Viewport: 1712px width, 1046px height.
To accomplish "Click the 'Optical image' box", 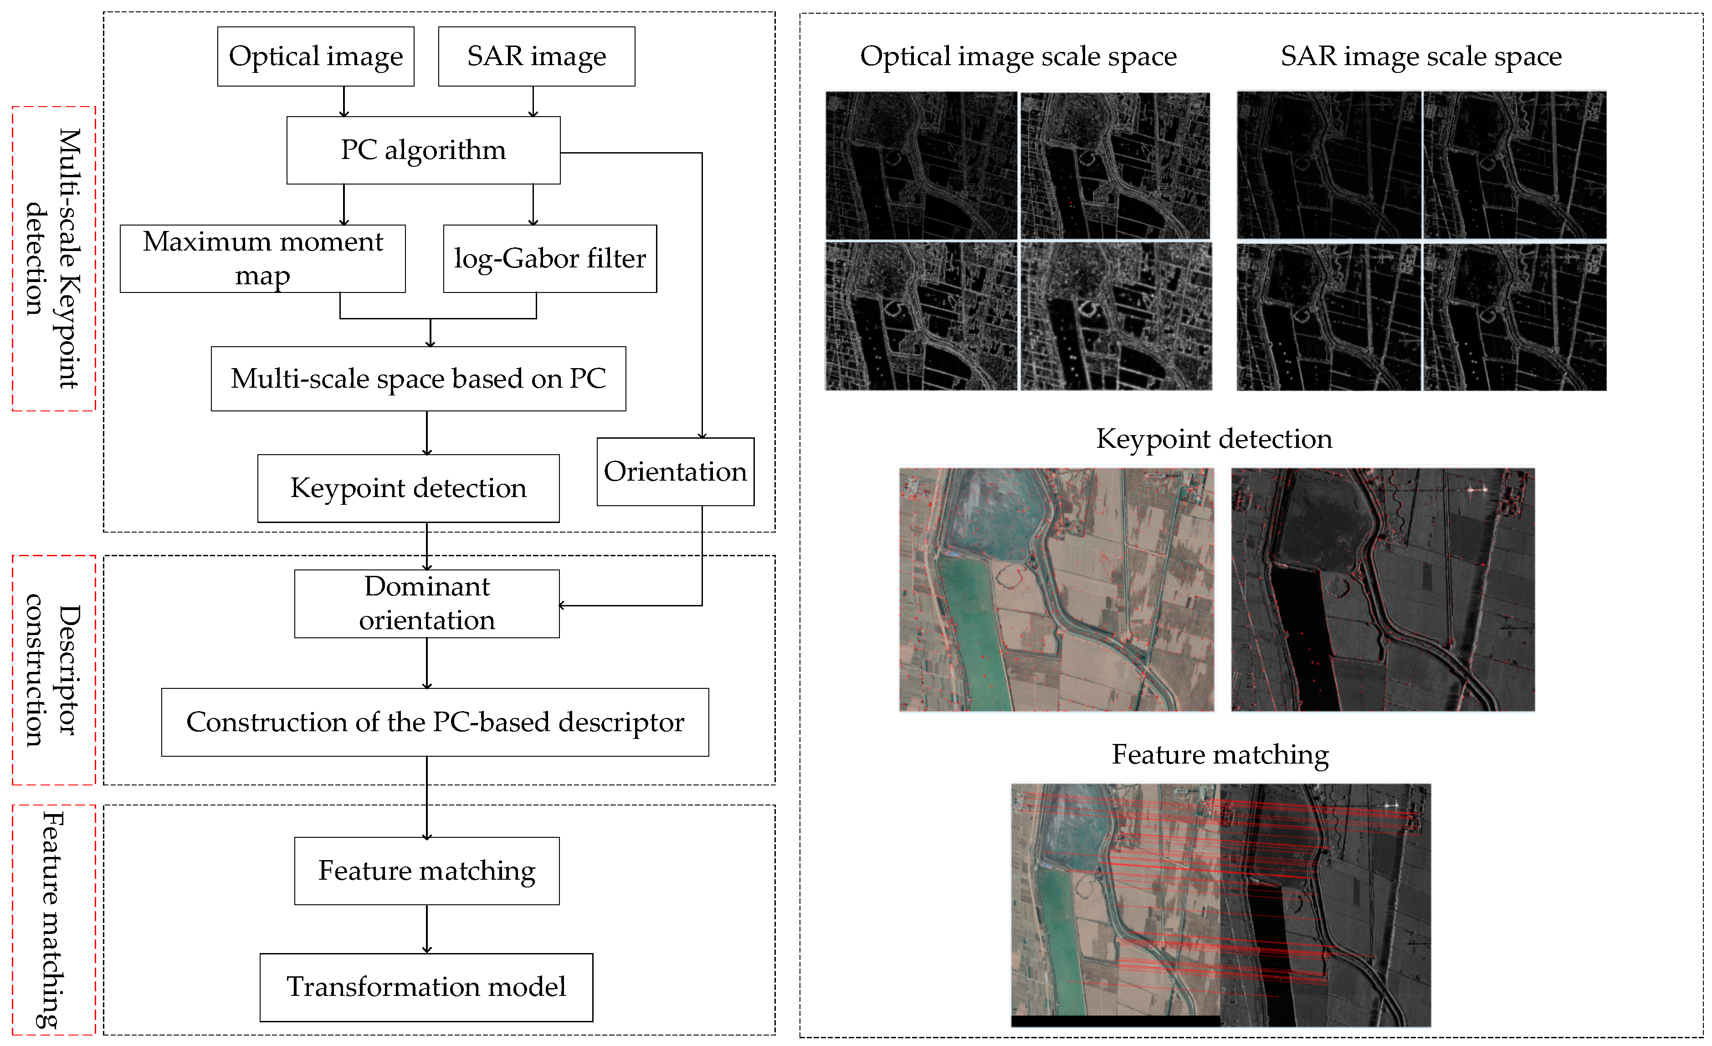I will pos(315,56).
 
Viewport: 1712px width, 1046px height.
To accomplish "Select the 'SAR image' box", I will pos(536,56).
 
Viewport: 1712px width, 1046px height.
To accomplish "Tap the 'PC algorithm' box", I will pos(423,150).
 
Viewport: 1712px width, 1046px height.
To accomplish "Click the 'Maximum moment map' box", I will pos(263,259).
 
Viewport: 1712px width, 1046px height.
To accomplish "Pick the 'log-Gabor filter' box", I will pos(549,259).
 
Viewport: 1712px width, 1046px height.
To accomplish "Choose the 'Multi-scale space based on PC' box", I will pos(418,379).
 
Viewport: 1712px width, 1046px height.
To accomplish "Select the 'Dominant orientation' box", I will pos(426,603).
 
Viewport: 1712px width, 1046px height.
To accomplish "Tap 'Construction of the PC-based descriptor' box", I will pos(435,722).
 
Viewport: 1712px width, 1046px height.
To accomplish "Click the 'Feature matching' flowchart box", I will pos(426,871).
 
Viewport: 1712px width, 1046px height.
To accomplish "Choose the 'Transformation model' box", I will pos(426,987).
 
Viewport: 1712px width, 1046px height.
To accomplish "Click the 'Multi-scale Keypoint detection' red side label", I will pos(53,259).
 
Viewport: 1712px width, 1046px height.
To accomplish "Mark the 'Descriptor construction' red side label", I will pos(53,670).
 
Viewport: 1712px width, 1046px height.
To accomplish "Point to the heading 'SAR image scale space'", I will pos(1421,56).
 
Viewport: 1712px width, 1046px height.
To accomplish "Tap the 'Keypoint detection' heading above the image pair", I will pos(1214,439).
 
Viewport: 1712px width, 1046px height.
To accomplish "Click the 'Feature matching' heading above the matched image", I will pos(1220,755).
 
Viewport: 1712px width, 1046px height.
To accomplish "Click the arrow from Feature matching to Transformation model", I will pos(426,929).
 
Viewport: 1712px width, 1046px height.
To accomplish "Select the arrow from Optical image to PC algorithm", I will pos(344,102).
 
